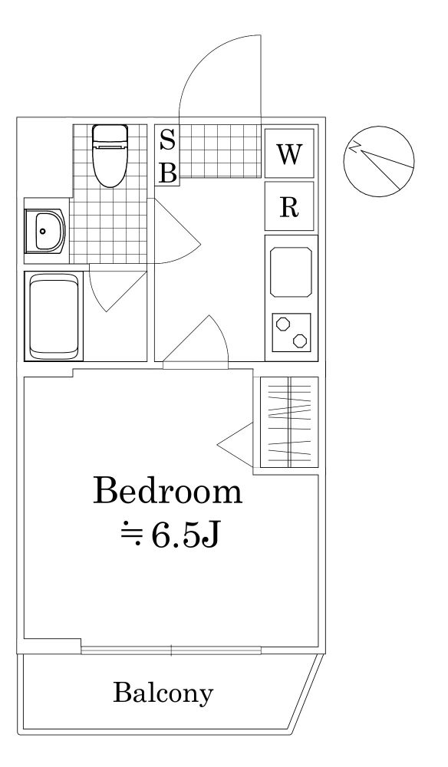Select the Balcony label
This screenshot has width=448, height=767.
click(163, 693)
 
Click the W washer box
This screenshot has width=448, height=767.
click(289, 153)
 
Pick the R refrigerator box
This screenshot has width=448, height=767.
click(289, 206)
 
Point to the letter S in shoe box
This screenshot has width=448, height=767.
click(168, 141)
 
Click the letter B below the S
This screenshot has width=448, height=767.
click(168, 172)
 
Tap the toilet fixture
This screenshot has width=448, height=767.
click(110, 155)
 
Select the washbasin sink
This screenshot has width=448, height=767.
click(44, 231)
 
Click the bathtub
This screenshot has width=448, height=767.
click(54, 316)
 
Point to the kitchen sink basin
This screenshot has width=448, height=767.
click(291, 272)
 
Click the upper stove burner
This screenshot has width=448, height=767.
click(282, 324)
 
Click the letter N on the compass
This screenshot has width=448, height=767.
click(355, 146)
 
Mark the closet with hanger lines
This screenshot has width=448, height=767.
click(289, 422)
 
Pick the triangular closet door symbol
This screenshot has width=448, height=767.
click(236, 445)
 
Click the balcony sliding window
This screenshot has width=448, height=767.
click(171, 650)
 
